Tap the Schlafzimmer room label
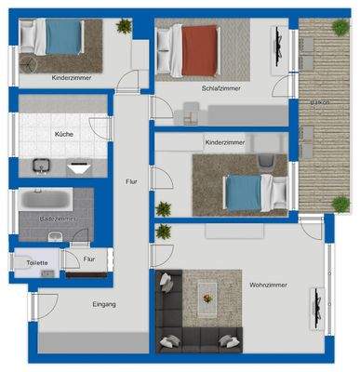[220, 88]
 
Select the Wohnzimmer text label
[268, 285]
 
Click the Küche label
[64, 134]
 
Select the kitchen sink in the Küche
[41, 166]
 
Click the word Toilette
[37, 263]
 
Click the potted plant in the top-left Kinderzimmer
[124, 27]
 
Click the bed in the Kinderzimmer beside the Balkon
[245, 192]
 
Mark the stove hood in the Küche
[78, 167]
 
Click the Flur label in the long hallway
[131, 182]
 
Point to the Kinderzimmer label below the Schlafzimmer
[224, 143]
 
